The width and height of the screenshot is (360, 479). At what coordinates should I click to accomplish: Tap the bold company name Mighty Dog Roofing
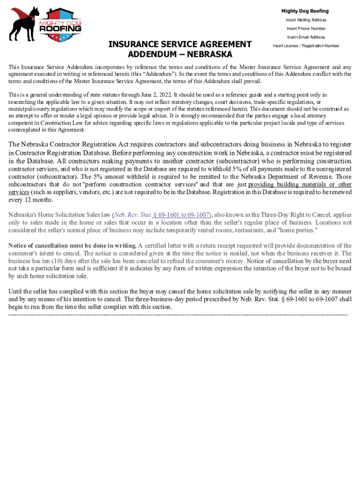pos(305,11)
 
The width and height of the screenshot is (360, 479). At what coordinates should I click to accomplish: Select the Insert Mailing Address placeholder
pos(306,20)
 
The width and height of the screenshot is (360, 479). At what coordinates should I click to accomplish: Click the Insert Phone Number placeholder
pos(306,29)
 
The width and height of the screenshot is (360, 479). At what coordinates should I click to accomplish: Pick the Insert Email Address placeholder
pos(306,37)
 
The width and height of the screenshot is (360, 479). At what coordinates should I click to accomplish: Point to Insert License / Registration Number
pos(306,46)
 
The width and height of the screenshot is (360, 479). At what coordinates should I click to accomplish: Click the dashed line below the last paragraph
pos(178,315)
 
